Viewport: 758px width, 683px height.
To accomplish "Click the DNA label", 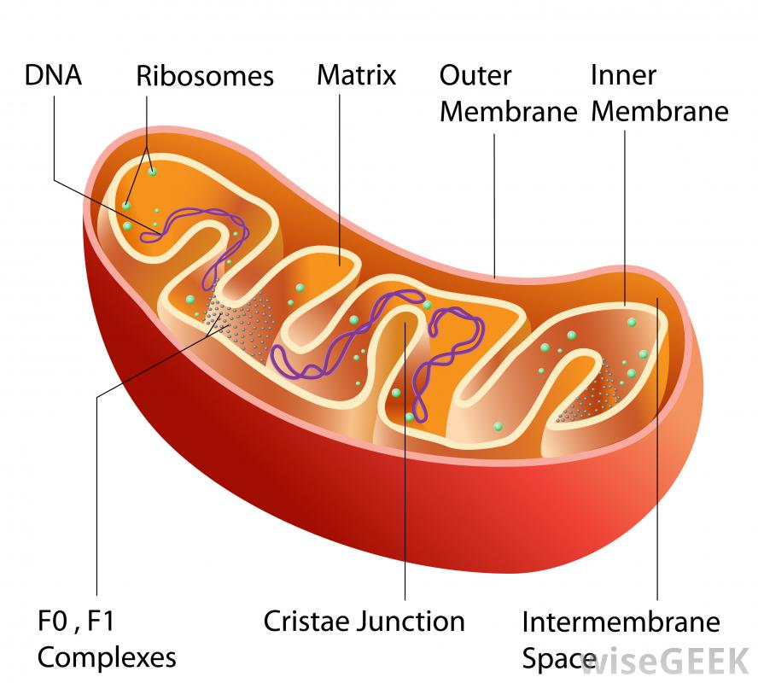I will [53, 75].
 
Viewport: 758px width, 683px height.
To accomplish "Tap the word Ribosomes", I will [205, 77].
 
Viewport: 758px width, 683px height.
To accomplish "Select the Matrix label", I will [357, 75].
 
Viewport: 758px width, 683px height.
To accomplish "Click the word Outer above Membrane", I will [475, 75].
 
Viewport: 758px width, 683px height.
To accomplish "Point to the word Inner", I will [623, 75].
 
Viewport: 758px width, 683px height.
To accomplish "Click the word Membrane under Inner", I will [660, 112].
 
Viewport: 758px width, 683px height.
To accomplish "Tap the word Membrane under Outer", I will [509, 112].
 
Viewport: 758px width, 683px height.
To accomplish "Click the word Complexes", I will [108, 657].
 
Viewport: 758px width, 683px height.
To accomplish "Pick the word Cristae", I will [307, 621].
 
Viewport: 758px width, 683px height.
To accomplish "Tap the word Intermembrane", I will [621, 621].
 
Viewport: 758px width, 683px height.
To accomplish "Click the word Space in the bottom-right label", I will [558, 658].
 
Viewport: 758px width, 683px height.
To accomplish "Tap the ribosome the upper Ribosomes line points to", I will [153, 172].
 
